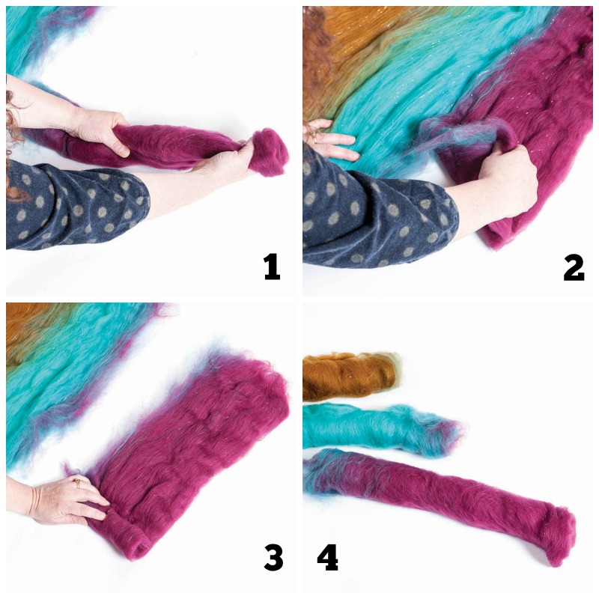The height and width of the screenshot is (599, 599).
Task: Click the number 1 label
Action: pos(272,267)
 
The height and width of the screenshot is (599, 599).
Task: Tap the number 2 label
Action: pos(574,267)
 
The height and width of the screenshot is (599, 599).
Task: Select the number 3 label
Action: pos(273,557)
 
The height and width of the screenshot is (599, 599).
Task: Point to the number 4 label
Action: pos(327,557)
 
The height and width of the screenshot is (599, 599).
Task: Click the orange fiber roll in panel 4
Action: pos(348,376)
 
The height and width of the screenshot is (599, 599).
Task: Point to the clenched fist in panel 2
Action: pos(509,183)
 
